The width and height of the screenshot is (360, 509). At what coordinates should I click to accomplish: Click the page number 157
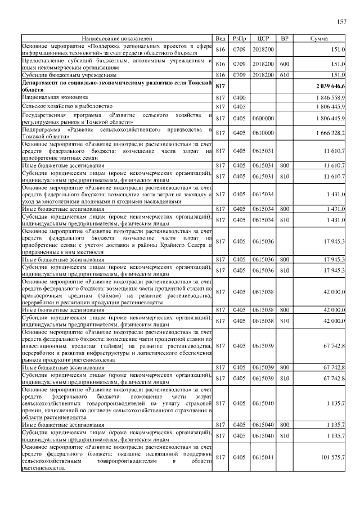click(x=341, y=21)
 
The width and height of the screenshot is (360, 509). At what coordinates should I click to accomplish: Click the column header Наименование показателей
click(x=117, y=39)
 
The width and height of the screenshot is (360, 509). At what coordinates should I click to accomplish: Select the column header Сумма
click(x=319, y=39)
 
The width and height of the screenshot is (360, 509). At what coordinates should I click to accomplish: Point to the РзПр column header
click(x=238, y=39)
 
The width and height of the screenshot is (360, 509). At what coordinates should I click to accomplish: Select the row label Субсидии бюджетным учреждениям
click(x=69, y=74)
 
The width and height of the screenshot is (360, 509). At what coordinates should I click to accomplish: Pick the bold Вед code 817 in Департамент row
click(x=220, y=85)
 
